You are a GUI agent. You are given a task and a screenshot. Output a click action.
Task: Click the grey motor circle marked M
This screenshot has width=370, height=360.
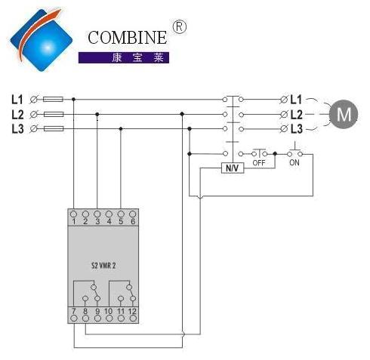pos(344,114)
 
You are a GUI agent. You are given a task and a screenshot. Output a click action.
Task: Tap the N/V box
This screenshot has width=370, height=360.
pos(233,168)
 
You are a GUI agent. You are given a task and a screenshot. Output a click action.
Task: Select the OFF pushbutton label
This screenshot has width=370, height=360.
pos(259,163)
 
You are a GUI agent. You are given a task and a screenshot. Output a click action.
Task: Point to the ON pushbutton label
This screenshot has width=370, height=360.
pos(294,162)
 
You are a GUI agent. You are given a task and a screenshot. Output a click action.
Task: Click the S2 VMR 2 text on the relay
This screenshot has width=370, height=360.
pos(103,266)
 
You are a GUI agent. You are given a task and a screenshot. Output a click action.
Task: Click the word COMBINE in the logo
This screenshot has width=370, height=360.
pos(127,38)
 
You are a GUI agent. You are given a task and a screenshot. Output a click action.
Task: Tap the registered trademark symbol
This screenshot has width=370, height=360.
pos(180,27)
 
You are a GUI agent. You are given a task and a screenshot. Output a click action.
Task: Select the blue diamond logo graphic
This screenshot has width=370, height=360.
pos(42,40)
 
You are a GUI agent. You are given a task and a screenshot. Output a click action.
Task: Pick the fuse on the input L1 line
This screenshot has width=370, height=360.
pos(53,100)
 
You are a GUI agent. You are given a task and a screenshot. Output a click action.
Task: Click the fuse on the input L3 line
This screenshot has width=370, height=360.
pos(54,129)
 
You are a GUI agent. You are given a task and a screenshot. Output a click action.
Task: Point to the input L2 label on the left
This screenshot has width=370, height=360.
pos(17,115)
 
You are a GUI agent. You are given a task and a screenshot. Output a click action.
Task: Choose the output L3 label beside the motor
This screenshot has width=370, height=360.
pos(296,129)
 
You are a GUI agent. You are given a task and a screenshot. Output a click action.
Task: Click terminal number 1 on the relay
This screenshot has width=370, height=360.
pos(74,222)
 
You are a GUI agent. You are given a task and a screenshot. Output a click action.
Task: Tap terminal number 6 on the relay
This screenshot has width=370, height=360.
pos(133,221)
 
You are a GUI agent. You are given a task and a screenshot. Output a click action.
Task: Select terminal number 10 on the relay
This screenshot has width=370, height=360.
pos(109,311)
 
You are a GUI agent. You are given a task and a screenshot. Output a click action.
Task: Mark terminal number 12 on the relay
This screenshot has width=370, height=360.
pos(132,311)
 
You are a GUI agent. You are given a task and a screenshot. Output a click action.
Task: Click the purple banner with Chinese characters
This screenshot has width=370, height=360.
pos(124,57)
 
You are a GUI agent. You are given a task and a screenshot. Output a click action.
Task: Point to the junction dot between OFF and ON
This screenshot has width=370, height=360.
pos(275,154)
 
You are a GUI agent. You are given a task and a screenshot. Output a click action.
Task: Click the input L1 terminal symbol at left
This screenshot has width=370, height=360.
pos(33,100)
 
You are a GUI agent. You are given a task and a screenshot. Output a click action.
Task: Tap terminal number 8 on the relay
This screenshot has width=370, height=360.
pos(85,311)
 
